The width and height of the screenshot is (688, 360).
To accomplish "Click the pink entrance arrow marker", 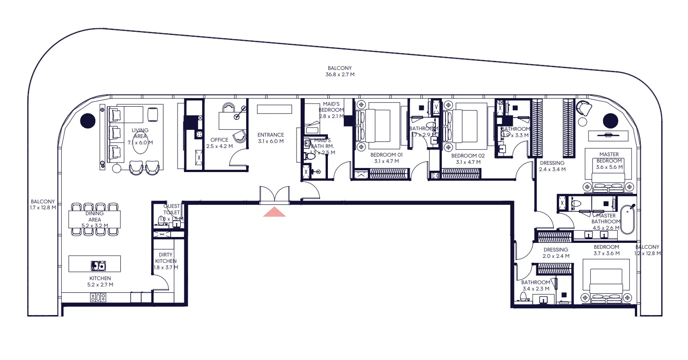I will tap(274, 212).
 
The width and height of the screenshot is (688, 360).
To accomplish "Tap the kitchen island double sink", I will tap(98, 265).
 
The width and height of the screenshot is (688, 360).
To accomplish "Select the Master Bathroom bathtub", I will tap(628, 220).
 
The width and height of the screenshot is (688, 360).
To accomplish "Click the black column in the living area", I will tap(88, 121).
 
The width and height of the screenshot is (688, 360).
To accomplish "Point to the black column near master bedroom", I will tap(610, 121).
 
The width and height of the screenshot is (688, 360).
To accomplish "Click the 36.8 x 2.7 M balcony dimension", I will tap(341, 74).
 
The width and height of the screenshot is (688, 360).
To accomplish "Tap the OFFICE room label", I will tap(219, 140).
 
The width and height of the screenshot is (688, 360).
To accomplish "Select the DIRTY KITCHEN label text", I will tap(166, 258).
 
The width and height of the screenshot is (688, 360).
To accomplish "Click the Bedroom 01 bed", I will tap(383, 126).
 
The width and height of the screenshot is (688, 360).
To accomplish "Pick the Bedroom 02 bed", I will tap(471, 126).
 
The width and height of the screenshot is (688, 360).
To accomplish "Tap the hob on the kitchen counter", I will tap(98, 298).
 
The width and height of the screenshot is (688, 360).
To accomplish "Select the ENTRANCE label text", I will tap(271, 135).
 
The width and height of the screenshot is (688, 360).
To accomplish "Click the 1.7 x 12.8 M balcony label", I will tap(43, 205).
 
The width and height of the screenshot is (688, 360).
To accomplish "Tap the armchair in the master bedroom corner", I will tap(584, 108).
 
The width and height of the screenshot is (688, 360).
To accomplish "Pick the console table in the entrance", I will tap(274, 109).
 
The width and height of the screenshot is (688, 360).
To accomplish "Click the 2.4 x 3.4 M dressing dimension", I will tap(552, 169).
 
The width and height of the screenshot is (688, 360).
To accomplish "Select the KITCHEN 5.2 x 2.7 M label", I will tap(100, 281).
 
